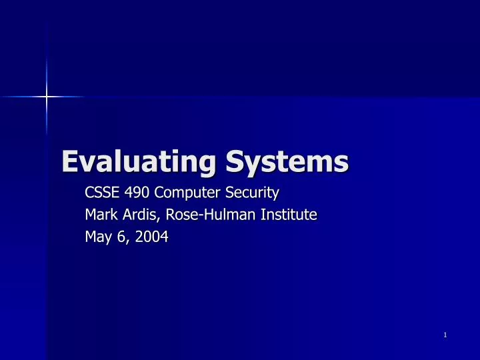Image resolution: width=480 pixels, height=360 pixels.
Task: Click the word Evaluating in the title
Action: [x=137, y=161]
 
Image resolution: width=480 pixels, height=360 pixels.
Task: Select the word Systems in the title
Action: [x=286, y=161]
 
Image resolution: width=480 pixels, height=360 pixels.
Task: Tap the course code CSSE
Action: [x=101, y=194]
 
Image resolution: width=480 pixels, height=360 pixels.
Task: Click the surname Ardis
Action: [x=136, y=215]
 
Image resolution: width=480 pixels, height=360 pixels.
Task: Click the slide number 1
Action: [x=444, y=334]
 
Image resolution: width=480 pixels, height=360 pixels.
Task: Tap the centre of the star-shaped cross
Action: [x=46, y=97]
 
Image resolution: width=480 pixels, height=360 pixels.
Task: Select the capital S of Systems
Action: [x=235, y=161]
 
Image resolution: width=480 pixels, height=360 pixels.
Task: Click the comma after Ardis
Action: [x=153, y=219]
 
